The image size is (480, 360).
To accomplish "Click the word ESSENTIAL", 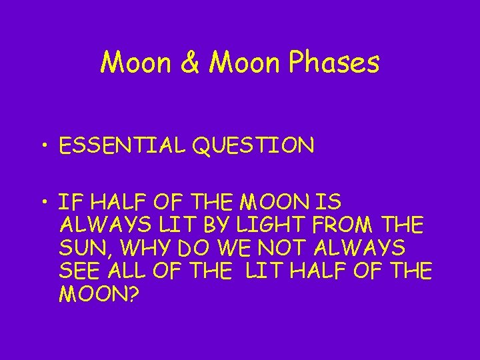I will (121, 145).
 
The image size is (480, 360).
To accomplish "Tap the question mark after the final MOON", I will (131, 294).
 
